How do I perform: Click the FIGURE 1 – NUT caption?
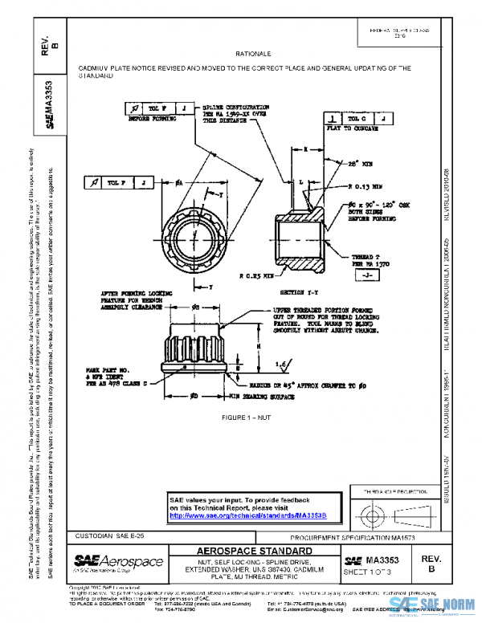(x=254, y=418)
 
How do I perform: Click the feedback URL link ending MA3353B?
(x=249, y=515)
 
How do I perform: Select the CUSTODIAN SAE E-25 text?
(x=108, y=535)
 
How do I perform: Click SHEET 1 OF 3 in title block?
(x=368, y=571)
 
